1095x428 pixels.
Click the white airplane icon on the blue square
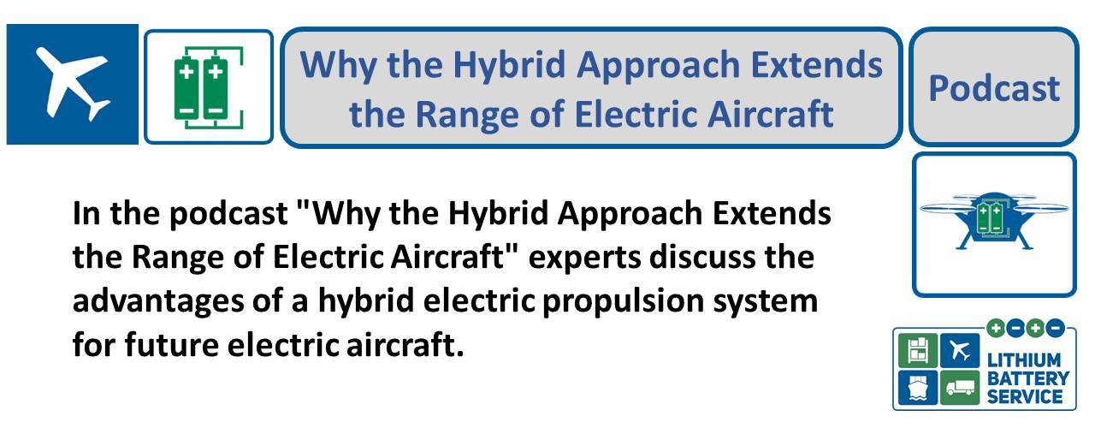coord(73,84)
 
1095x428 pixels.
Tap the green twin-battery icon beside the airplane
coord(209,87)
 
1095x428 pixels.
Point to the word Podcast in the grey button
coord(994,88)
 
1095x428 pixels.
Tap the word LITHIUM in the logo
coord(1024,360)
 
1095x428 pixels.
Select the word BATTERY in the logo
coord(1028,378)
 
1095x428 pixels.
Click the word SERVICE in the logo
coord(1025,396)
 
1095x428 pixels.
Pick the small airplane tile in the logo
coord(960,350)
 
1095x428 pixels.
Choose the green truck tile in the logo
coord(960,388)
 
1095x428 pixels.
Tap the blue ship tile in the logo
coord(918,388)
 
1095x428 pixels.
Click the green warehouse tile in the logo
coord(918,350)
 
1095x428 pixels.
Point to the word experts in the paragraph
coord(584,259)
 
